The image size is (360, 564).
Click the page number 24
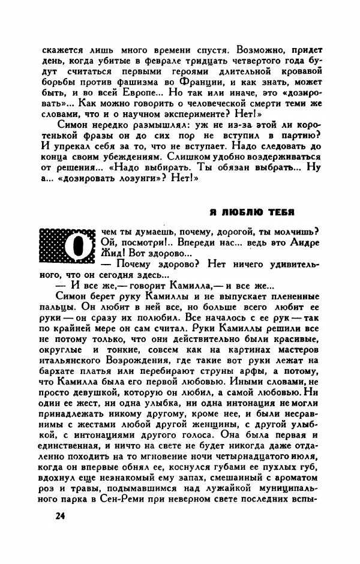tap(59, 516)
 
